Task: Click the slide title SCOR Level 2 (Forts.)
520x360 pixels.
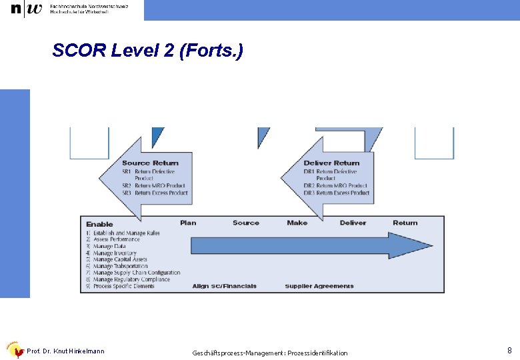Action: [147, 51]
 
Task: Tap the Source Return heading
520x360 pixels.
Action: [150, 163]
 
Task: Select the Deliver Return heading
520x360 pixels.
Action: [331, 163]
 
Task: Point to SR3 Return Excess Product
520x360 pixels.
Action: [155, 193]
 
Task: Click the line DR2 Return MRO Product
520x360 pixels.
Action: [335, 185]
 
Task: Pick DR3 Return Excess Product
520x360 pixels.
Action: [336, 193]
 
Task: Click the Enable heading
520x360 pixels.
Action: [99, 224]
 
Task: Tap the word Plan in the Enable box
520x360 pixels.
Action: [188, 223]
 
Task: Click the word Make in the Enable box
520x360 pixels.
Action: [297, 223]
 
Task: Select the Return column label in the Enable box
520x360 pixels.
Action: [405, 223]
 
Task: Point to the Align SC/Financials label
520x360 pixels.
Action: [224, 286]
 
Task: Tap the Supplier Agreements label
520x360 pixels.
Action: [319, 286]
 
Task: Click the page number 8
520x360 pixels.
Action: [509, 350]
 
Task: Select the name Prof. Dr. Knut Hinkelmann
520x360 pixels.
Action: [65, 351]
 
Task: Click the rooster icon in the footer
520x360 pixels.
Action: [13, 350]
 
